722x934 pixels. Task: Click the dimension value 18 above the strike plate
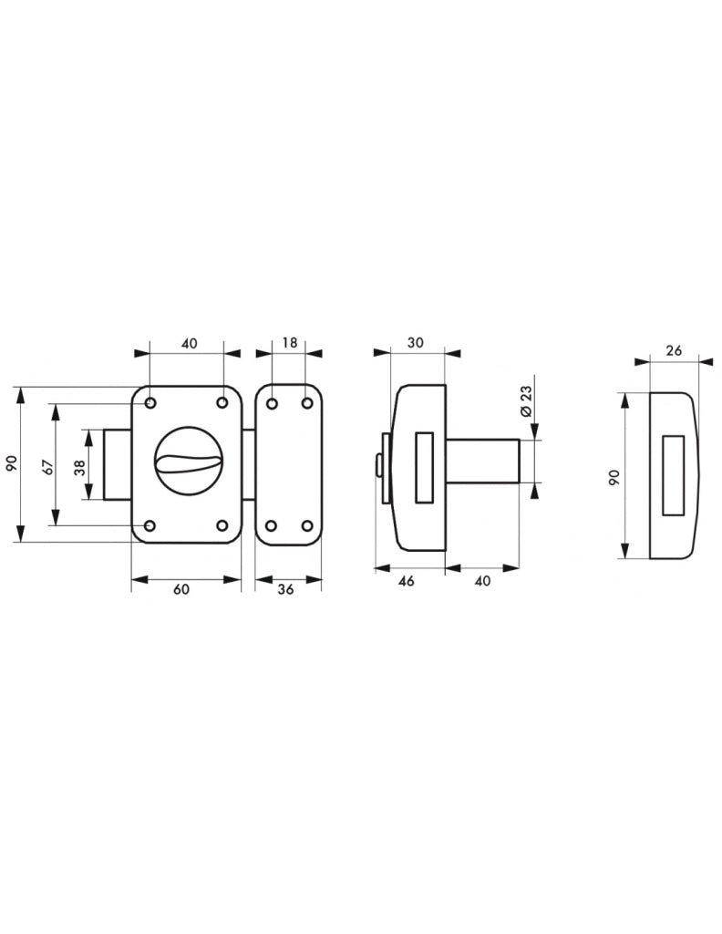289,343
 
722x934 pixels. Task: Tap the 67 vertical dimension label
49,466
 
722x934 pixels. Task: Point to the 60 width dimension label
181,588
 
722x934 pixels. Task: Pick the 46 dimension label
406,581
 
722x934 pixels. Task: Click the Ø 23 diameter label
525,401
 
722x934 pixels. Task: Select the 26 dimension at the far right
674,351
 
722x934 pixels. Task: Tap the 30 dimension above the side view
416,343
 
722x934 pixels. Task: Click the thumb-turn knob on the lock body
186,460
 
